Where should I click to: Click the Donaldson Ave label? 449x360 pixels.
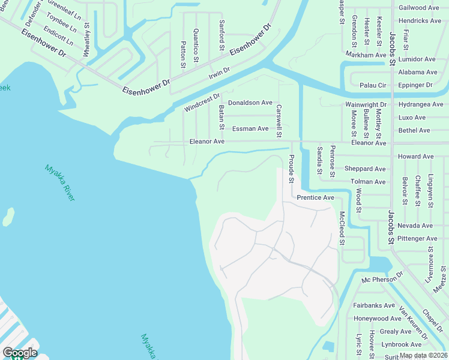tap(250, 103)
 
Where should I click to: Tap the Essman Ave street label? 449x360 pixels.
tap(250, 128)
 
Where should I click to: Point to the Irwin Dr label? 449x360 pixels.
tap(219, 73)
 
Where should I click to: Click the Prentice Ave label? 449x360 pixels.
tap(315, 197)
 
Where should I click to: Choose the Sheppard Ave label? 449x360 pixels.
tap(365, 169)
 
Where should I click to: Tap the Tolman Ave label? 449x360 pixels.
tap(367, 181)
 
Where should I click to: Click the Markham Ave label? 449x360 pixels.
tap(366, 55)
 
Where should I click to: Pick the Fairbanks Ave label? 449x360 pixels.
tap(373, 305)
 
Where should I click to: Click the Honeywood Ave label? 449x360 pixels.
tap(377, 319)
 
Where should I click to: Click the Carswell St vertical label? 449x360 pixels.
tap(279, 116)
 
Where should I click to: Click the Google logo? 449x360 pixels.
tap(19, 353)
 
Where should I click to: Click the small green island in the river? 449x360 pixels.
tap(8, 217)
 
